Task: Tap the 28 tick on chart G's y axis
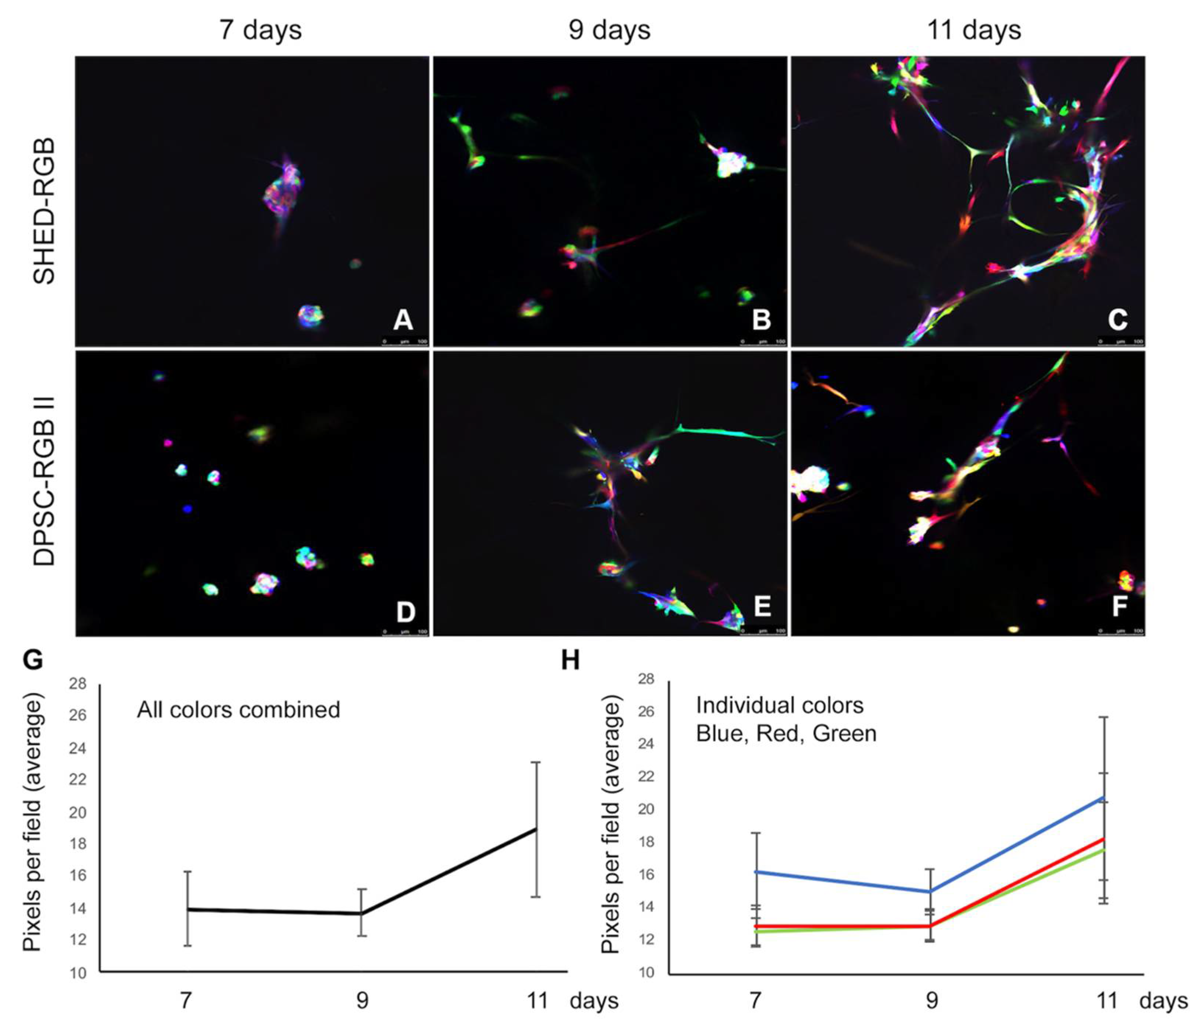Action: click(78, 684)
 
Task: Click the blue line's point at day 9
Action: click(930, 891)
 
